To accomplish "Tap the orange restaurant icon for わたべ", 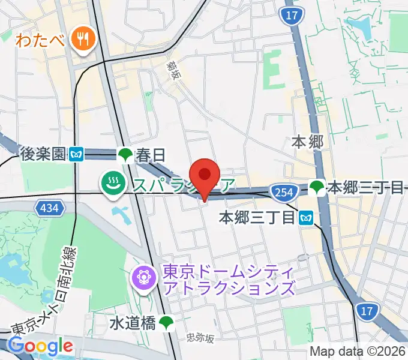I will click(80, 40).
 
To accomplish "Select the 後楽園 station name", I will click(41, 155).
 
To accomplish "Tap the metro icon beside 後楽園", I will click(76, 155).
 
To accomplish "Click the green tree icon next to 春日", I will click(125, 155).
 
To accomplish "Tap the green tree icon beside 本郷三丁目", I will click(316, 188).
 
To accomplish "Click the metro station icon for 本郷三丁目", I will click(307, 217).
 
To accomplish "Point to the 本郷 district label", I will click(307, 142).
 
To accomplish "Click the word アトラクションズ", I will click(229, 289).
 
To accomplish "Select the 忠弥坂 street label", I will click(200, 339).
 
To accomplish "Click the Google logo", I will click(40, 346).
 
